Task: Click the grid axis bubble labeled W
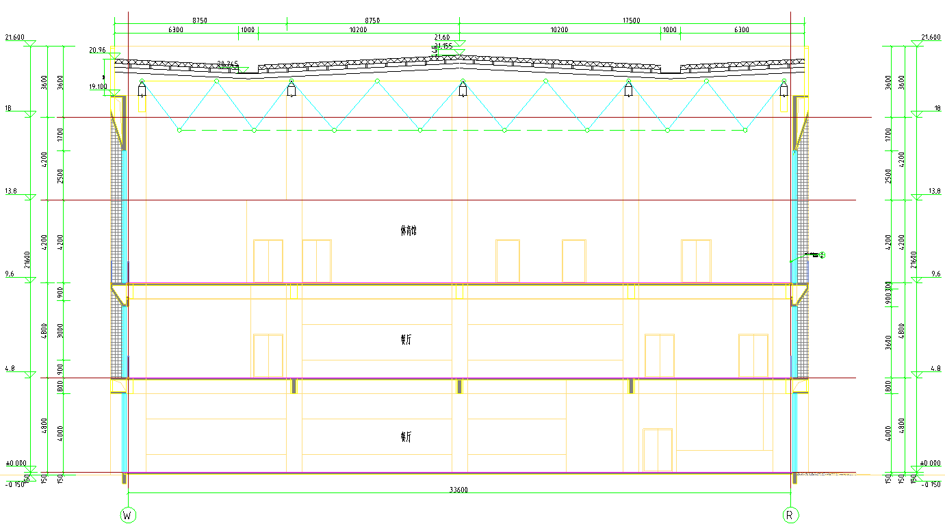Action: [127, 514]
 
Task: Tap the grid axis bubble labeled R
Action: [790, 514]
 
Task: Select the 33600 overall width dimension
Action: [459, 490]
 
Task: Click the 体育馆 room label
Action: [408, 231]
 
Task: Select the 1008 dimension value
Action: [246, 30]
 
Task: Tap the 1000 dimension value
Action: [669, 30]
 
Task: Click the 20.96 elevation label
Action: [97, 50]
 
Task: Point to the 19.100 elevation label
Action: [98, 87]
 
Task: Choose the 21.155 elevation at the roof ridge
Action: [443, 46]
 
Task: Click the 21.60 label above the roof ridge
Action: [442, 37]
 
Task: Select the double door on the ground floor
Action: [657, 449]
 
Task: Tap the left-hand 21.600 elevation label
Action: [14, 37]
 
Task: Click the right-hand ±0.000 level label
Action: [931, 463]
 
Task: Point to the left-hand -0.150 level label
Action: [14, 484]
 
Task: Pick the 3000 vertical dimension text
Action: [61, 330]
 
